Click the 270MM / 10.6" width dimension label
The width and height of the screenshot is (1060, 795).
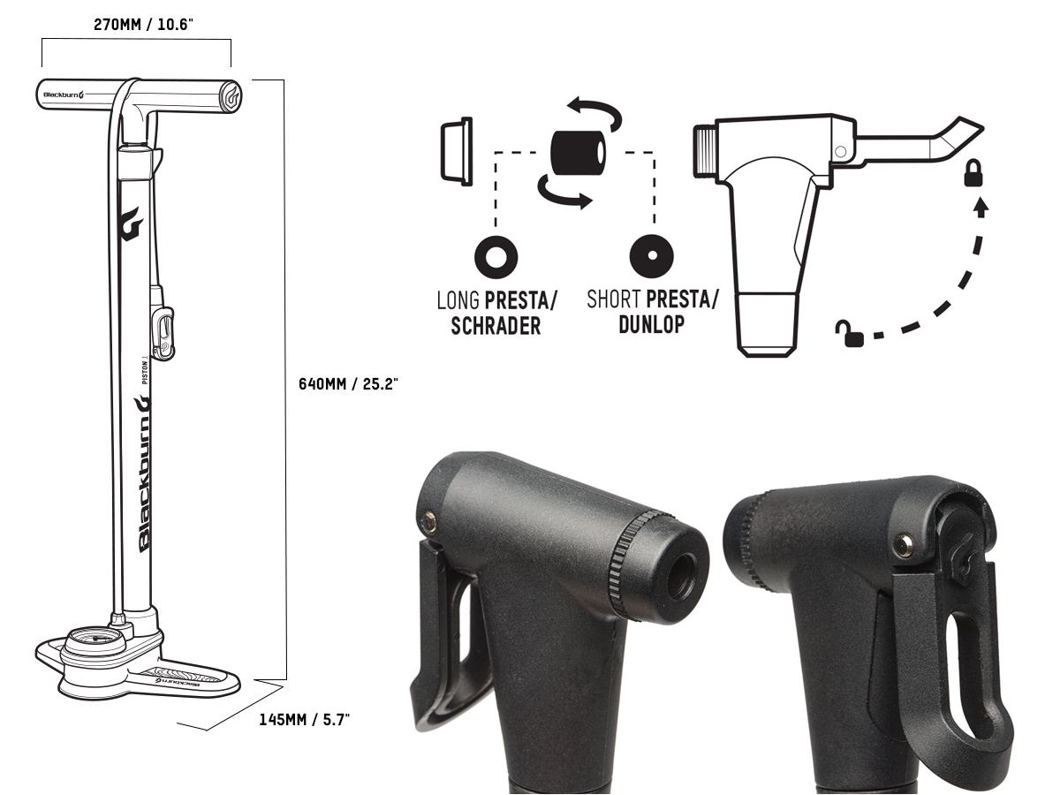pos(143,24)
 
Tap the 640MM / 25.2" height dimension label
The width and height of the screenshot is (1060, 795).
pos(348,383)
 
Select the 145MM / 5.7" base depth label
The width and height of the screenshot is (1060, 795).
pos(304,720)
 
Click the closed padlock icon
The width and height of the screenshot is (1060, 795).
pos(973,173)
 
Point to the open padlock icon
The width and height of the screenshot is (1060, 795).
pos(850,333)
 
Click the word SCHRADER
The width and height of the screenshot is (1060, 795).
pos(496,326)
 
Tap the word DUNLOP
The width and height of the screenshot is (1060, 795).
pos(652,324)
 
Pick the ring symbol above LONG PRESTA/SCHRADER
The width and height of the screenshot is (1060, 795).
pos(496,257)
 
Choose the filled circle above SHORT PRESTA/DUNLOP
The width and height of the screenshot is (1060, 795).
pos(652,256)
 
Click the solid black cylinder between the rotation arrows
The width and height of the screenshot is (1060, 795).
pos(578,153)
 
